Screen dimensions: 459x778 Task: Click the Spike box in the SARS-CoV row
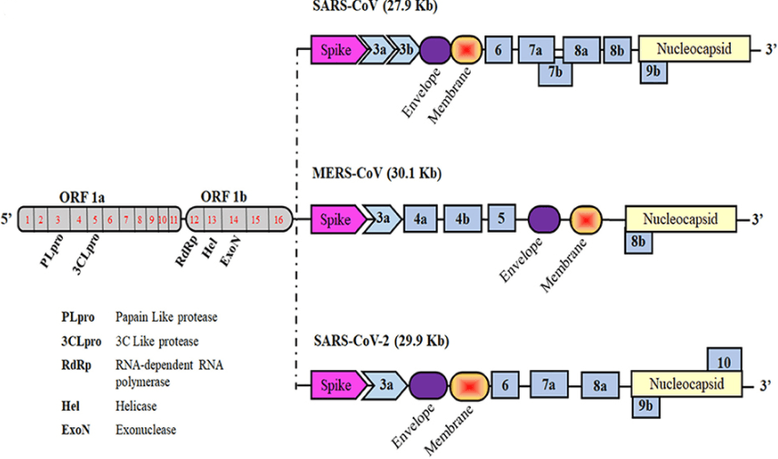pos(334,50)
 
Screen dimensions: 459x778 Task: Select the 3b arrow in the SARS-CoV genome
pos(405,50)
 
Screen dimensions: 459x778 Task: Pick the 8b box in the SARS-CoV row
pos(617,50)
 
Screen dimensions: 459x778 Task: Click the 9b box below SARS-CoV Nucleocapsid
pos(654,71)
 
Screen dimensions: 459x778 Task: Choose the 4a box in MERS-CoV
pos(421,219)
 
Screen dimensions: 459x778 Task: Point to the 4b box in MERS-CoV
pos(463,219)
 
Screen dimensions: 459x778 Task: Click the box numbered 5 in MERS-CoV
pos(503,218)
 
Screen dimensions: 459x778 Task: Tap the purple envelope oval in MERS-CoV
pos(544,219)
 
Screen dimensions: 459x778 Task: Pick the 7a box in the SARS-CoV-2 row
pos(549,385)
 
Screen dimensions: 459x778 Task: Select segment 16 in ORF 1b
pos(279,219)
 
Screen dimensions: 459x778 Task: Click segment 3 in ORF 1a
pos(58,219)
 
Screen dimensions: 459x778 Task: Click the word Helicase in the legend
pos(138,406)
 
